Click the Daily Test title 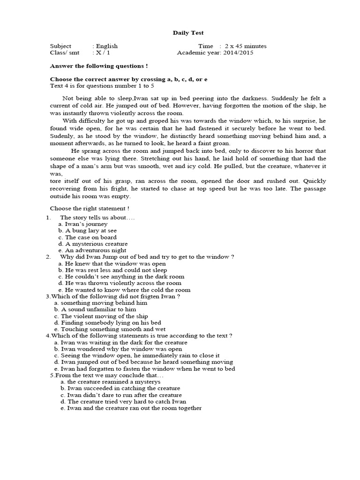(x=188, y=33)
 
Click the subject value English (x=107, y=46)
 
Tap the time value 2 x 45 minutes (x=246, y=46)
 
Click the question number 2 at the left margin (x=48, y=257)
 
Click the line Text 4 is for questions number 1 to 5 (x=102, y=86)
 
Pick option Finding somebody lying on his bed (x=107, y=322)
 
